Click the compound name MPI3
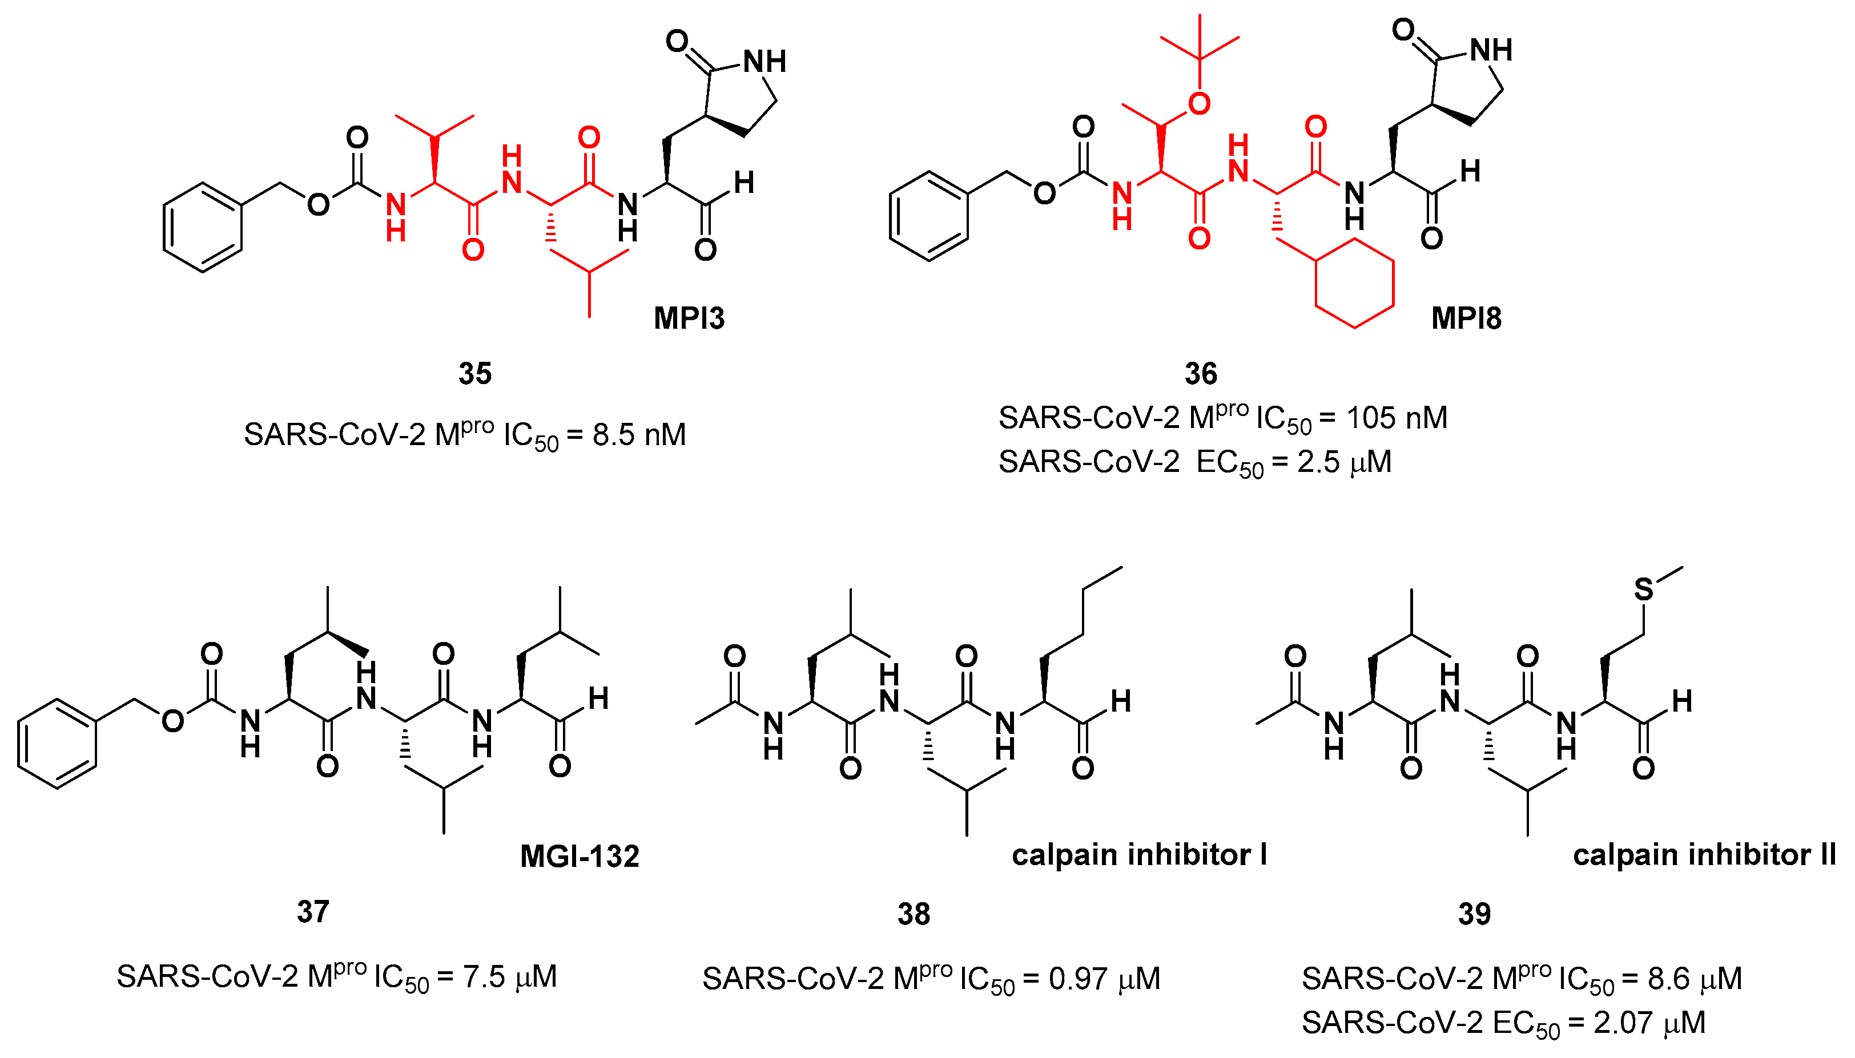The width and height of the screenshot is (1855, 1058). pos(689,318)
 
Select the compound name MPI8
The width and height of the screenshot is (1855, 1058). pos(1466,318)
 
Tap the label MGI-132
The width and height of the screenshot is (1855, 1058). pos(580,856)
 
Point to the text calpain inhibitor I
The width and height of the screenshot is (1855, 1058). pos(1139,854)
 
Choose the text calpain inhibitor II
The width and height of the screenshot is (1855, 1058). pos(1704,854)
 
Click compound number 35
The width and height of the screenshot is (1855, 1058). pos(474,374)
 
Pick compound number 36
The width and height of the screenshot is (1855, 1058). pos(1200,374)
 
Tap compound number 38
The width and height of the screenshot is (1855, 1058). pos(913,914)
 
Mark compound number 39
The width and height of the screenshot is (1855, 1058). pos(1474,914)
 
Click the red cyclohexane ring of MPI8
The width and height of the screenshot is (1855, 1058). pos(1354,282)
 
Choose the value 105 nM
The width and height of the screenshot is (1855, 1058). pos(1397,418)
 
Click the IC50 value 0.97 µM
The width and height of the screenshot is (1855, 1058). pos(1104,979)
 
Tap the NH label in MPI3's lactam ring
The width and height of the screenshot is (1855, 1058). pos(764,62)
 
